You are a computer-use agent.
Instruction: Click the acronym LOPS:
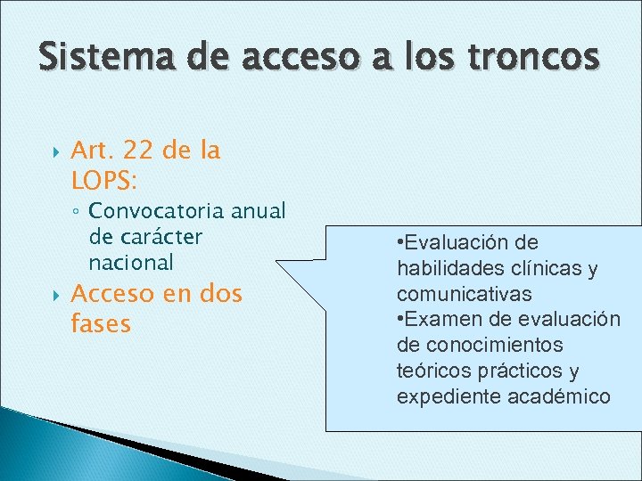tap(103, 182)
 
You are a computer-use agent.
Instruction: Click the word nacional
tap(131, 263)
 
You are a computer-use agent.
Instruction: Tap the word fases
tap(100, 324)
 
